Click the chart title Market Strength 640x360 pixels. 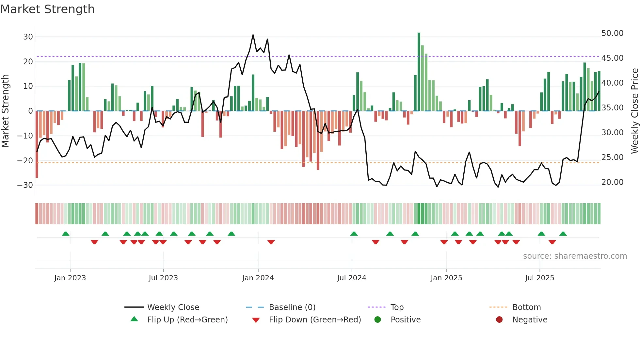[47, 9]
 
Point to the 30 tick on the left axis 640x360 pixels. [28, 37]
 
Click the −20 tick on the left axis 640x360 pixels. [25, 160]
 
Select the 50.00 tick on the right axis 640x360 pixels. [612, 33]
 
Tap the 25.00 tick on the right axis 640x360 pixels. [612, 157]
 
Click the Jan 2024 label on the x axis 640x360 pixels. [258, 278]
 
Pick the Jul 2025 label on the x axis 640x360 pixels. [539, 278]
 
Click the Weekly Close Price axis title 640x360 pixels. [634, 111]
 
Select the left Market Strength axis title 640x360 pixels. [6, 111]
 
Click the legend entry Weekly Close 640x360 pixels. [173, 307]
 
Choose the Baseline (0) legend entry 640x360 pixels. [292, 307]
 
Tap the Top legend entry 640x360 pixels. [397, 307]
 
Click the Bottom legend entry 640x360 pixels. [526, 307]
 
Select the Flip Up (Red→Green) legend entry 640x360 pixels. [187, 320]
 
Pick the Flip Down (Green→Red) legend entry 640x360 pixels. [315, 320]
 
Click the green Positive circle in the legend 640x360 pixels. [378, 320]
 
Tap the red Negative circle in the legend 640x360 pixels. [499, 320]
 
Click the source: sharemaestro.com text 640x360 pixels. [575, 256]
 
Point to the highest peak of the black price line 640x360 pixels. [253, 35]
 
